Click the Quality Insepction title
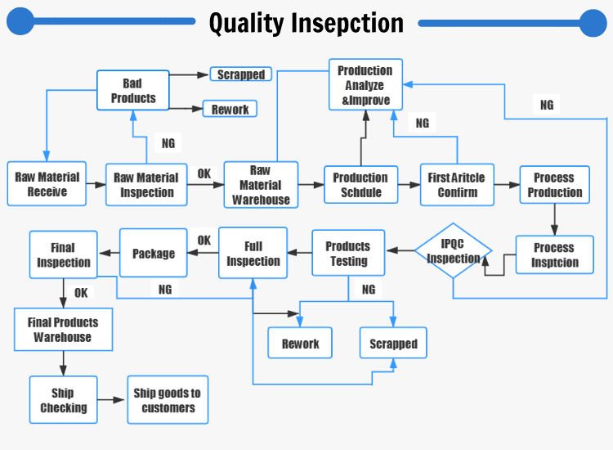[306, 22]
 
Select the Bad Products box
[133, 90]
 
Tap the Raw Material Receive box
[47, 184]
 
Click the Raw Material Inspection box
[146, 185]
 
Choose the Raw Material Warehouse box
[261, 185]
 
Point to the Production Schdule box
[360, 185]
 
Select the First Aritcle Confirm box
[457, 185]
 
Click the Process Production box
[555, 185]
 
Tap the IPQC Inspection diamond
[454, 251]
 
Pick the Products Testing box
[348, 254]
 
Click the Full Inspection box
[253, 254]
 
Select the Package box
[154, 254]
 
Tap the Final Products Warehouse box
[63, 330]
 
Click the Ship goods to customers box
[168, 400]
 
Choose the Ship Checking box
[63, 400]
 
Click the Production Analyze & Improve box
[365, 86]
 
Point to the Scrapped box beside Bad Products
[241, 74]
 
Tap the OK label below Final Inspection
[81, 292]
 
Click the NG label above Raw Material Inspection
[168, 143]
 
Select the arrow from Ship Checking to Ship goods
[112, 400]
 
